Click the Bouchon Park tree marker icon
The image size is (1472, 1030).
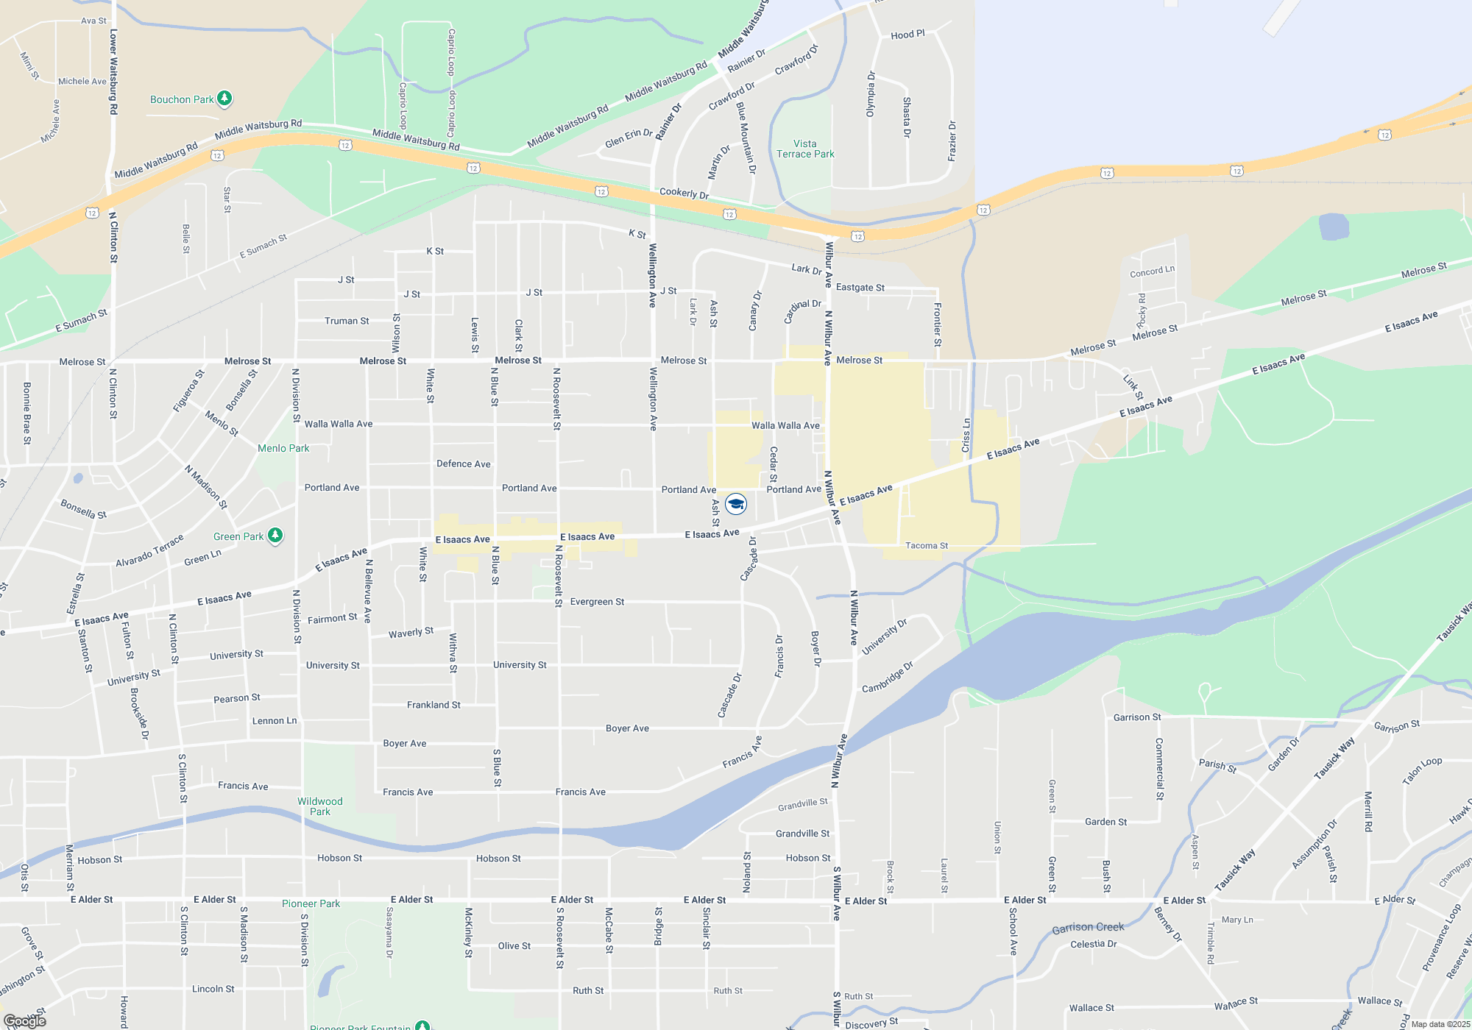[224, 98]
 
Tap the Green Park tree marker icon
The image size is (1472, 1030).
[275, 535]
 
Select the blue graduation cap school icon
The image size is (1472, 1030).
[736, 504]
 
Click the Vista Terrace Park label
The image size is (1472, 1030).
[805, 149]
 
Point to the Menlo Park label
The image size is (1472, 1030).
[283, 448]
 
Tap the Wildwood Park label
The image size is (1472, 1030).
[319, 806]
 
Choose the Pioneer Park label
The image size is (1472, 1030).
[311, 903]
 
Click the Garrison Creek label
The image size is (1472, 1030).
[1088, 927]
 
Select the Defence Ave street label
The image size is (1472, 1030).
[463, 464]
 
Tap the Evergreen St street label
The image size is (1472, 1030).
[597, 602]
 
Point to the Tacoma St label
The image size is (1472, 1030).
[927, 546]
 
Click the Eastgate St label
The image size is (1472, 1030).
[860, 288]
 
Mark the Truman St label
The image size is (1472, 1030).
[347, 321]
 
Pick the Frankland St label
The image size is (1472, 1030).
[434, 705]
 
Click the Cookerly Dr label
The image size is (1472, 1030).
[684, 193]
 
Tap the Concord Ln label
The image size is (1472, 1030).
[1152, 271]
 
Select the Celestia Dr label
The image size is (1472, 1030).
[1093, 944]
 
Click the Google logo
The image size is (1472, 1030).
[24, 1021]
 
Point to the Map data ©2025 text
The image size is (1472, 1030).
[1440, 1024]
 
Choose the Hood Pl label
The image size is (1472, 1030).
[907, 35]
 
